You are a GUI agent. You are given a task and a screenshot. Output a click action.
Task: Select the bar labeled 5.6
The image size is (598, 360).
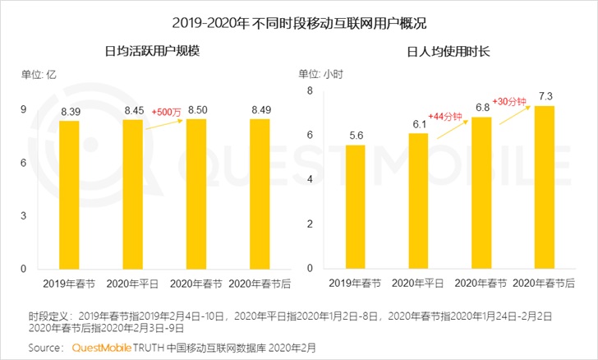click(x=355, y=206)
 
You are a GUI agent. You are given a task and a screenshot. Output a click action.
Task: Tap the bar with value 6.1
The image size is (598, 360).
click(x=418, y=201)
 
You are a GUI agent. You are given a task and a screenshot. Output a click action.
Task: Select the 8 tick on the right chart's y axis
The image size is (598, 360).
click(x=310, y=91)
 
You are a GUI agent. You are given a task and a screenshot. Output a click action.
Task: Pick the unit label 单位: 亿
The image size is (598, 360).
click(x=40, y=75)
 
